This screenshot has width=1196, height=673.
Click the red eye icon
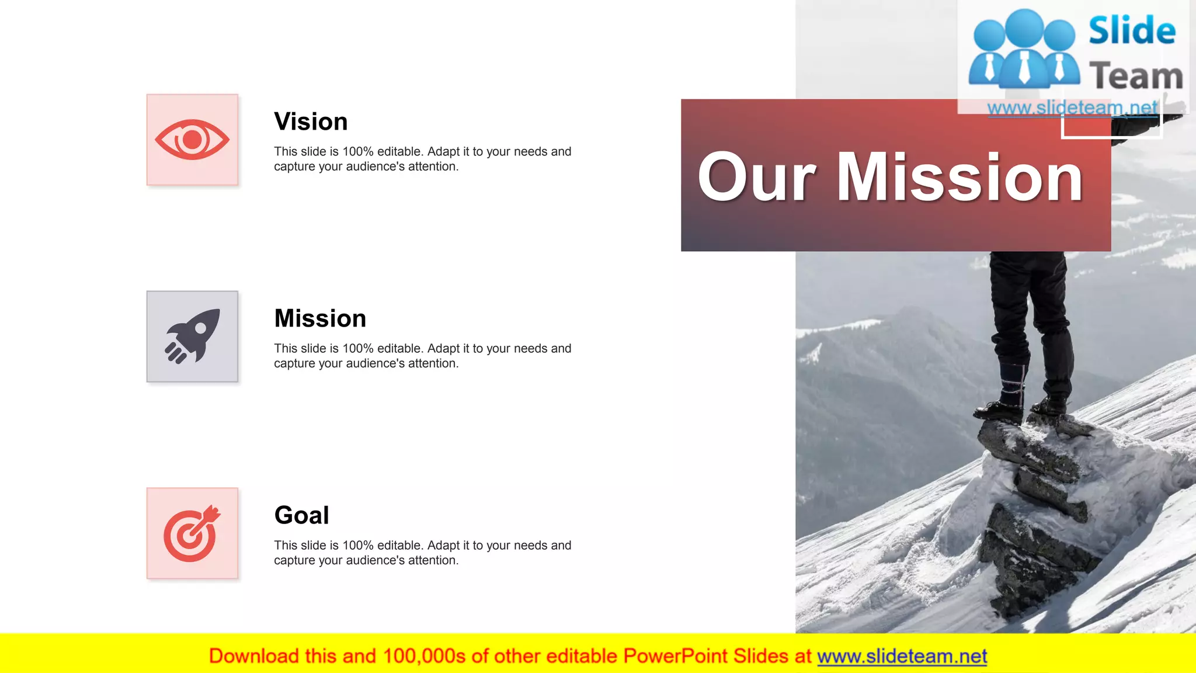pyautogui.click(x=192, y=140)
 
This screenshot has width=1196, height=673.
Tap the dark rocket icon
pyautogui.click(x=192, y=336)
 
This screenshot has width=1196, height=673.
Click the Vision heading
pyautogui.click(x=311, y=122)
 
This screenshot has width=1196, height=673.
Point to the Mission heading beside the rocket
pyautogui.click(x=320, y=318)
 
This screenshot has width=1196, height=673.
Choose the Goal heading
pyautogui.click(x=301, y=515)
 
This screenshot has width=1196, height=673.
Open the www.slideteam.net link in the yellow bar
pyautogui.click(x=902, y=656)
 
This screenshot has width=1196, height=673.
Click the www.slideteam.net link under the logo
pyautogui.click(x=1072, y=107)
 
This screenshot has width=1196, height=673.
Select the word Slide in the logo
pyautogui.click(x=1132, y=30)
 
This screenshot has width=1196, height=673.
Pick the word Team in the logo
pyautogui.click(x=1136, y=77)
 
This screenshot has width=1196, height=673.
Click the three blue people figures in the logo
pyautogui.click(x=1024, y=50)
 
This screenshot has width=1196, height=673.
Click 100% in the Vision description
pyautogui.click(x=357, y=152)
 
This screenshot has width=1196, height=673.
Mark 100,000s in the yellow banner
pyautogui.click(x=424, y=656)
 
